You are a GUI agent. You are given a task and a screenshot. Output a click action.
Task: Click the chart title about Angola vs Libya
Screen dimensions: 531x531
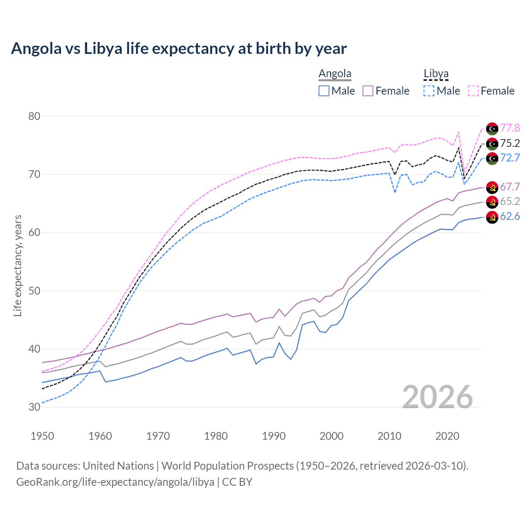179,49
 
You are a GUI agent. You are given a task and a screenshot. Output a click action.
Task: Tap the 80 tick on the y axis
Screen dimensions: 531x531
34,116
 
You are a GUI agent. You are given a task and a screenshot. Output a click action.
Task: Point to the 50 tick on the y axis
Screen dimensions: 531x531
34,291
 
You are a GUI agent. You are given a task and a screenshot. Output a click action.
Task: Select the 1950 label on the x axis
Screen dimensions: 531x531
42,436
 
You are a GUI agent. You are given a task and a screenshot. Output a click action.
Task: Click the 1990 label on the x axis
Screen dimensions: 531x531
274,436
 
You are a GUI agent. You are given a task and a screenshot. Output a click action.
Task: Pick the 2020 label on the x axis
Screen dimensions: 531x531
447,436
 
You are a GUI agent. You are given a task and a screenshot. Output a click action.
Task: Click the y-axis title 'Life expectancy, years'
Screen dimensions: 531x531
17,265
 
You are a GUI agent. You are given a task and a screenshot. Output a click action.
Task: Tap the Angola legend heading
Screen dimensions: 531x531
335,73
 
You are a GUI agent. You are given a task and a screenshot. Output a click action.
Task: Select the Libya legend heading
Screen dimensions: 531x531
436,73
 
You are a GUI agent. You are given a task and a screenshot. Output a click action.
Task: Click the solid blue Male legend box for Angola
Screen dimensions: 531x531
324,91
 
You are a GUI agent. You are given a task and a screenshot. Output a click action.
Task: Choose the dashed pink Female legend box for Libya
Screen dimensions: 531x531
473,91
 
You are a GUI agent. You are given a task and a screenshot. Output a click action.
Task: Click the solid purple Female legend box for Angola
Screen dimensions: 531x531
368,91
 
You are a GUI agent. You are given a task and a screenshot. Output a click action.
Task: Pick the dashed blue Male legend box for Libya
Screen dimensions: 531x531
429,91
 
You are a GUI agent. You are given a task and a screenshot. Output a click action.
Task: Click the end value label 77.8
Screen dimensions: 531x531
510,128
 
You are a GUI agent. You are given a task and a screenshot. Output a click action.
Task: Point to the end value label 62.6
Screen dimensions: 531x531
510,216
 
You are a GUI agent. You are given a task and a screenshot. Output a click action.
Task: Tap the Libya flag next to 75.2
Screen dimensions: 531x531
492,144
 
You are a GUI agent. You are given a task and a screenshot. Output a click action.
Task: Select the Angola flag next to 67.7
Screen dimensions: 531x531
492,187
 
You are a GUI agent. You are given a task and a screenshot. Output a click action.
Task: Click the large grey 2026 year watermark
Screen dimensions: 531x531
438,397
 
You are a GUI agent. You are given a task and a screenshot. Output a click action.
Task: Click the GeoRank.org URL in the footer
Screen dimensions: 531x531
115,482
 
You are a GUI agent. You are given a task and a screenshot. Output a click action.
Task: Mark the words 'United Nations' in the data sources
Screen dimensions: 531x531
118,465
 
